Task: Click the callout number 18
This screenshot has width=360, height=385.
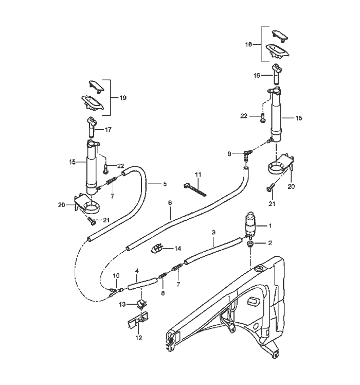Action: pos(248,44)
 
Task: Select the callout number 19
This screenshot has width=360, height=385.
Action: pos(123,98)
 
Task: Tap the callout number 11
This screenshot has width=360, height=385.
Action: pos(198,174)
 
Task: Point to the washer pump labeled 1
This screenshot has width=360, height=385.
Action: pos(250,225)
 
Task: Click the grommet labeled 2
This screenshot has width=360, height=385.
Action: pos(250,243)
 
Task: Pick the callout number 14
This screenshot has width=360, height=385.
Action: pos(177,249)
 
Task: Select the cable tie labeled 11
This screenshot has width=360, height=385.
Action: pos(195,189)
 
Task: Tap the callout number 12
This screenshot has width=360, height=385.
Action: pos(139,338)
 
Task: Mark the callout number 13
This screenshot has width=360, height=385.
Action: pos(122,305)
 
